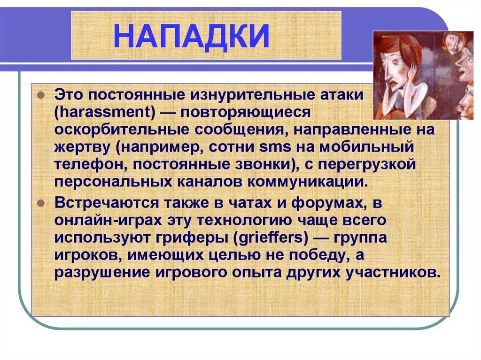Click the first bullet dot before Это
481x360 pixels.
41,95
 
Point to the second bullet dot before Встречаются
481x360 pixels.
41,203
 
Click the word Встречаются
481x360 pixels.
106,203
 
